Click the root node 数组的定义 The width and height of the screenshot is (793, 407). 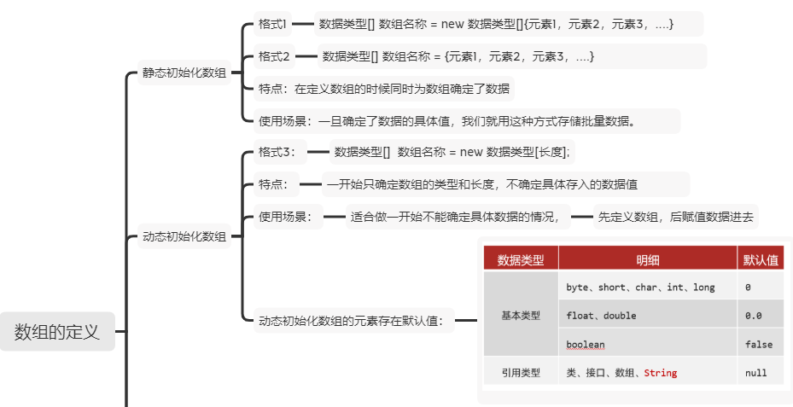pos(57,331)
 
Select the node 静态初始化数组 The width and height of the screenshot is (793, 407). pos(184,73)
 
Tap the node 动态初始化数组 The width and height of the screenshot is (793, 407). pos(184,237)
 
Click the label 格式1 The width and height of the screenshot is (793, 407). pos(273,25)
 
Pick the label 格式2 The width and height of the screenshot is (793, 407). pos(275,57)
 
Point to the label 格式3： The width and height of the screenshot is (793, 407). pos(277,152)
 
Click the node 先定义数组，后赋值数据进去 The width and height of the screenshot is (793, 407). pos(675,217)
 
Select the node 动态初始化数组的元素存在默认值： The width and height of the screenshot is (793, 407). pos(351,322)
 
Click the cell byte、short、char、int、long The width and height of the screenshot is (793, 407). pos(640,288)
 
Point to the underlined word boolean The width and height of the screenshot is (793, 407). pos(586,344)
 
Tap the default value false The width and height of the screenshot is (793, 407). pos(759,345)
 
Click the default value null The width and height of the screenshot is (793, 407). pos(755,373)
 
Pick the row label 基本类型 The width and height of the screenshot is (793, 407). pos(521,316)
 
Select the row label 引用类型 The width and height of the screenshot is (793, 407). pos(521,373)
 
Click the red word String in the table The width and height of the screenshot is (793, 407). pos(661,373)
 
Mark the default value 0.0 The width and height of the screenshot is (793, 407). pos(754,316)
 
